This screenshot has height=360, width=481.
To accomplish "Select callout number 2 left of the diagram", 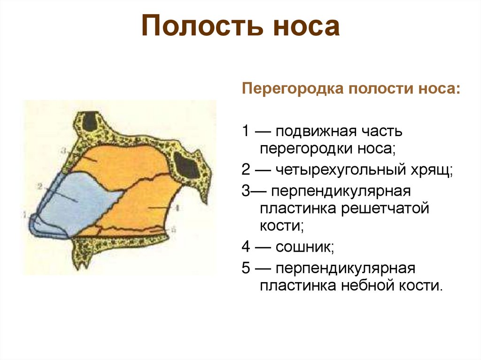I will [x=40, y=186].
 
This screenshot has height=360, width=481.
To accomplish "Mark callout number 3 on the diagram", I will [x=63, y=151].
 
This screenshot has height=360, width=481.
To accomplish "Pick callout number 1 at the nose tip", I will [x=25, y=214].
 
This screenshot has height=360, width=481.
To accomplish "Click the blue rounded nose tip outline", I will [x=33, y=224].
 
